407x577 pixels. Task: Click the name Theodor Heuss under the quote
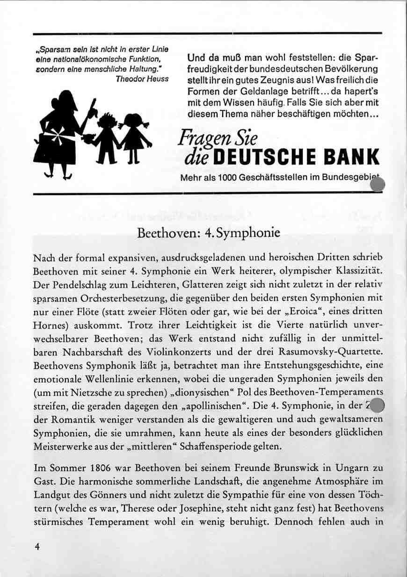(142, 79)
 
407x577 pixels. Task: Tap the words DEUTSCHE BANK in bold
(296, 157)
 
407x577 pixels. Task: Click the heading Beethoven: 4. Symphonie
(209, 232)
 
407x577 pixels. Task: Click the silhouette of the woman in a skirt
(61, 136)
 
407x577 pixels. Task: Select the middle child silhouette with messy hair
(107, 138)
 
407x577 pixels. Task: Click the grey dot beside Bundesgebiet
(377, 185)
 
